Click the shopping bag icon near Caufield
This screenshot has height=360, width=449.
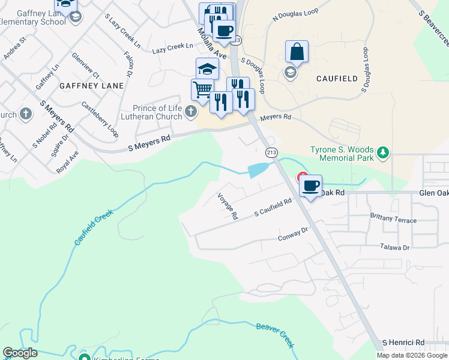[x=297, y=52]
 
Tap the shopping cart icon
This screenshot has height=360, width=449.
[x=203, y=90]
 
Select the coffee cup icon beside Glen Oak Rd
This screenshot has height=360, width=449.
[x=310, y=185]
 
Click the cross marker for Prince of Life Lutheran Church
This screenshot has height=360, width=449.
[x=191, y=111]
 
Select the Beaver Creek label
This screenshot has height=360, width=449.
[x=276, y=335]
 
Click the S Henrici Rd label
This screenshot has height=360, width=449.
[x=403, y=341]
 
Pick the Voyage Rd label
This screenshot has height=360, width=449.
[x=228, y=206]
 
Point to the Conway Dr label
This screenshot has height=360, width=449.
[x=293, y=234]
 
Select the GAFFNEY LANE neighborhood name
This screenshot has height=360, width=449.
[x=91, y=86]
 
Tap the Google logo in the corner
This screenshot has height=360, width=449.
[x=20, y=353]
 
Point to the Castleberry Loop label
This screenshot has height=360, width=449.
[x=100, y=119]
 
